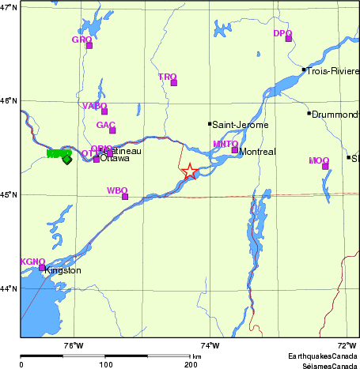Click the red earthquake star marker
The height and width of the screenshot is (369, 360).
pyautogui.click(x=190, y=171)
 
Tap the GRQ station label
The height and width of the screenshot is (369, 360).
pyautogui.click(x=81, y=40)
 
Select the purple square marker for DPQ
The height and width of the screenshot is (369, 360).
pyautogui.click(x=289, y=39)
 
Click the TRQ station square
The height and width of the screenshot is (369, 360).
pyautogui.click(x=174, y=82)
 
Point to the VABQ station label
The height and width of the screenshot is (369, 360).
pyautogui.click(x=94, y=106)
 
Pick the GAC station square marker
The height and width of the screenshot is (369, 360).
pyautogui.click(x=112, y=130)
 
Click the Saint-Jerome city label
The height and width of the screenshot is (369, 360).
pyautogui.click(x=241, y=125)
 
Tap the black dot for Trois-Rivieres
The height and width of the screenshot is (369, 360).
pyautogui.click(x=304, y=70)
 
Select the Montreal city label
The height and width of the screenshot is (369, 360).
pyautogui.click(x=257, y=152)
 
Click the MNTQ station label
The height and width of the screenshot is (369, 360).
pyautogui.click(x=225, y=144)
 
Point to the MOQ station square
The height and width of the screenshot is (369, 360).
pyautogui.click(x=325, y=166)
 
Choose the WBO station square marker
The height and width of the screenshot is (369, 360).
pyautogui.click(x=125, y=197)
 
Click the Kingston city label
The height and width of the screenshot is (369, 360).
pyautogui.click(x=63, y=271)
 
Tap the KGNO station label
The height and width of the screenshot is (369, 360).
pyautogui.click(x=32, y=262)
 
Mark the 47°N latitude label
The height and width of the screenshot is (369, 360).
pyautogui.click(x=9, y=7)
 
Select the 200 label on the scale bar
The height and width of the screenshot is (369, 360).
pyautogui.click(x=191, y=363)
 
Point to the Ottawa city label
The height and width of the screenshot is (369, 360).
pyautogui.click(x=115, y=158)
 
